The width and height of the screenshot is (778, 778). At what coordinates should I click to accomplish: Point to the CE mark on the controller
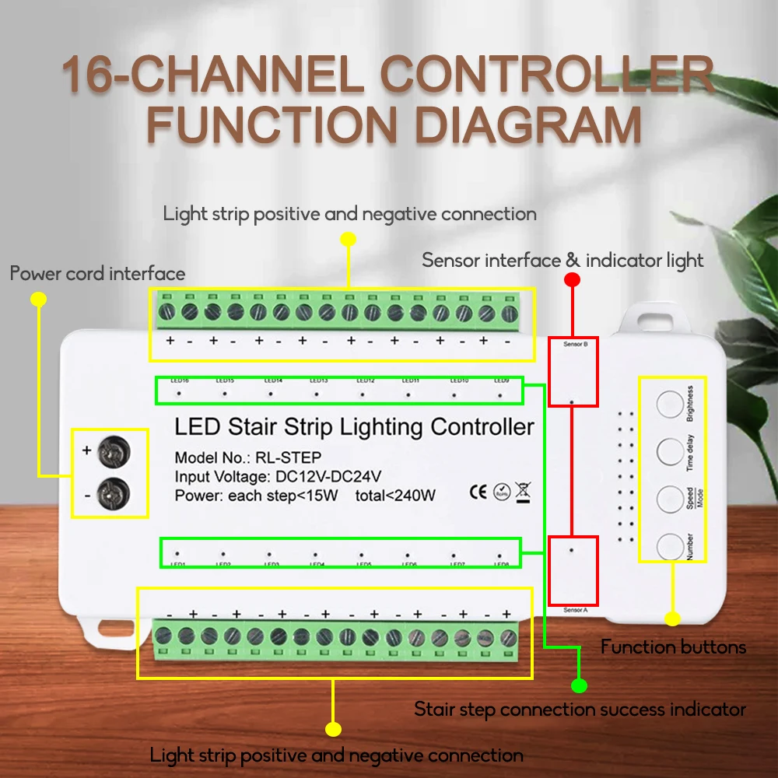click(x=479, y=491)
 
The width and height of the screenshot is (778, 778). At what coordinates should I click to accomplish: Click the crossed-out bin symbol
click(x=523, y=491)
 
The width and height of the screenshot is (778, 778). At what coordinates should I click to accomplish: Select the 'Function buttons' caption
click(x=673, y=647)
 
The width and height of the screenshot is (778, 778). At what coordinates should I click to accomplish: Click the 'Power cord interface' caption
click(x=97, y=274)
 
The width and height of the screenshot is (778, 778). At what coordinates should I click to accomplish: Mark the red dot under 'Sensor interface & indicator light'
click(x=572, y=279)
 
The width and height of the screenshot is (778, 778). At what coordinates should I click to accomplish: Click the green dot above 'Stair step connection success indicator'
click(x=578, y=685)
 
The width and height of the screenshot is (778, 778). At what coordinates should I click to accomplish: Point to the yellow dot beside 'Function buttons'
click(x=672, y=619)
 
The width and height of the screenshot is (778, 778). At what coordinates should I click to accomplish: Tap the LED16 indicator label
click(x=180, y=381)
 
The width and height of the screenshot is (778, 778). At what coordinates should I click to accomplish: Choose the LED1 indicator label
click(x=178, y=564)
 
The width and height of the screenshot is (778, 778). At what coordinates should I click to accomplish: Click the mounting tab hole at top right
click(x=648, y=317)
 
